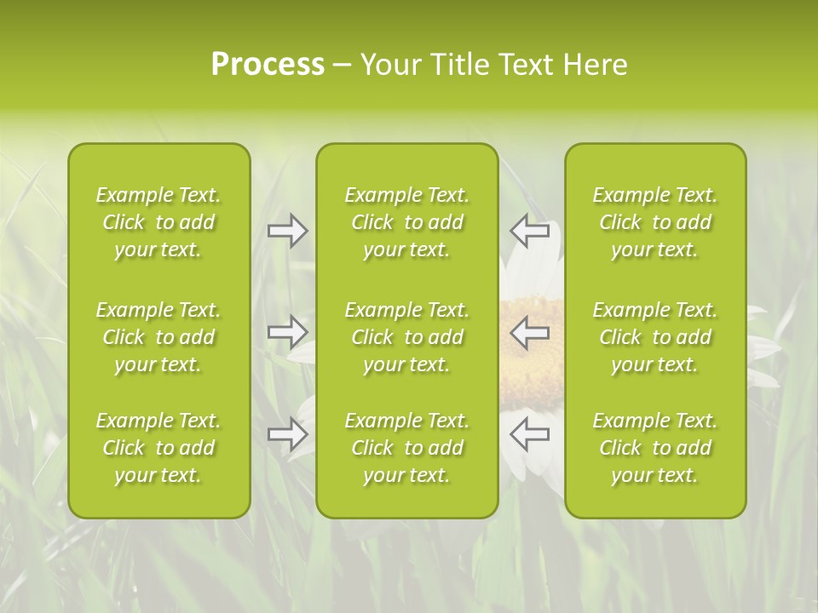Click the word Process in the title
click(268, 65)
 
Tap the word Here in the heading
click(596, 65)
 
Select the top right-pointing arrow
click(287, 230)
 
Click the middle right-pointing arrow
click(287, 331)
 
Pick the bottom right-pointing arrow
click(287, 434)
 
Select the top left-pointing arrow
click(530, 230)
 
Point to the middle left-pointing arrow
click(530, 331)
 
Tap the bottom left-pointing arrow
click(530, 434)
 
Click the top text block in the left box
click(158, 222)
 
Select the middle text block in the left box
click(158, 337)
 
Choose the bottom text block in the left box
click(158, 448)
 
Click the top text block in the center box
click(407, 222)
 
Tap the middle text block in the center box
click(407, 337)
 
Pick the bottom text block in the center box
click(407, 448)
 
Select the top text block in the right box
click(655, 222)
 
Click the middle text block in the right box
click(655, 337)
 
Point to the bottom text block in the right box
click(655, 448)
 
